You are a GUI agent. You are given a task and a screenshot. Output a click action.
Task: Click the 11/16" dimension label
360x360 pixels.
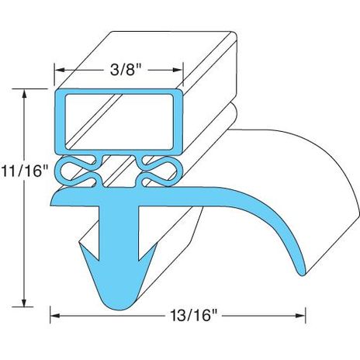click(x=25, y=171)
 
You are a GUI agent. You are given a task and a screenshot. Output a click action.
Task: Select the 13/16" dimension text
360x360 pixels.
click(x=194, y=315)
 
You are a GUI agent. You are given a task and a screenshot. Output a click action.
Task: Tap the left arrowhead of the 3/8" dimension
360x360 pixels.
click(x=60, y=70)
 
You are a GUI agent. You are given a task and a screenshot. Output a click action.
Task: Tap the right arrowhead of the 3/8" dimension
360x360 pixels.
click(x=178, y=70)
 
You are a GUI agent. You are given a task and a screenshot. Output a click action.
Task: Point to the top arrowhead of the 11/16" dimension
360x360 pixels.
click(x=24, y=94)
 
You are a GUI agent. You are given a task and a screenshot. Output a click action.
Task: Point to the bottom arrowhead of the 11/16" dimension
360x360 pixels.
click(x=24, y=302)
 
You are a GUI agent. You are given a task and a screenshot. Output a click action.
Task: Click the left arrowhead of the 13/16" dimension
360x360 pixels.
click(x=55, y=316)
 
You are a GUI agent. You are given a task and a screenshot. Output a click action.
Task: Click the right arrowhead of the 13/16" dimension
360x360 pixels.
click(x=301, y=316)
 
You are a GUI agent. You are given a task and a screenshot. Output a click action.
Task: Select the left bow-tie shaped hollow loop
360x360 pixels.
click(x=78, y=171)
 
